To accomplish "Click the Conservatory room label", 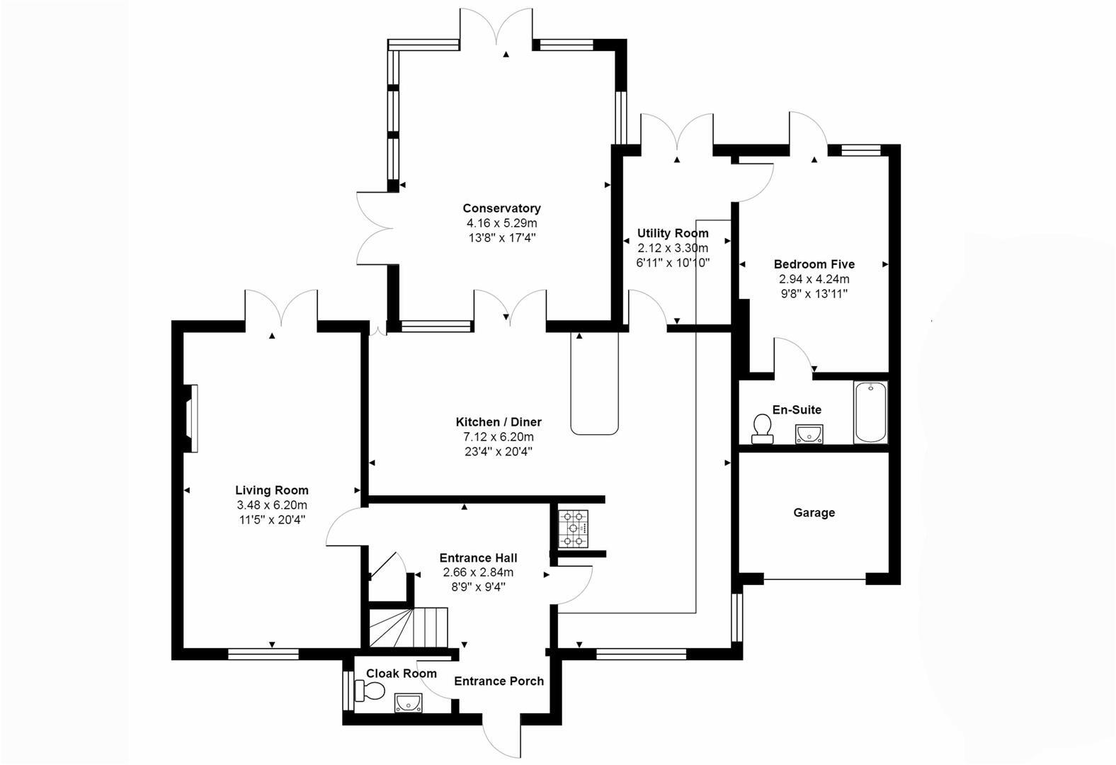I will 501,208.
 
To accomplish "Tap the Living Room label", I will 272,490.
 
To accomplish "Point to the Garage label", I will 814,512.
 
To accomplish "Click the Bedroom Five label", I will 814,264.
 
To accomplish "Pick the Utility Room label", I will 673,233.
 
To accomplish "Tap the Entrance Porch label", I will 499,681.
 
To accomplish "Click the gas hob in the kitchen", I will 574,529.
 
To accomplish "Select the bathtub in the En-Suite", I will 870,412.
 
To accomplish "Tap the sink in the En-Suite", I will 809,433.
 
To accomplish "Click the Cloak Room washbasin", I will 408,702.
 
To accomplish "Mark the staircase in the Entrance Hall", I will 409,627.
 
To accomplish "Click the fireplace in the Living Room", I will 190,418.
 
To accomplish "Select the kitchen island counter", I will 594,382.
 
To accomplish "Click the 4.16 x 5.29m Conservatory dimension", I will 501,223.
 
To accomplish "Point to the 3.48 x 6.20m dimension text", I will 272,505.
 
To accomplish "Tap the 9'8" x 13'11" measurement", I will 814,293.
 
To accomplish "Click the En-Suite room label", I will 797,409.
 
